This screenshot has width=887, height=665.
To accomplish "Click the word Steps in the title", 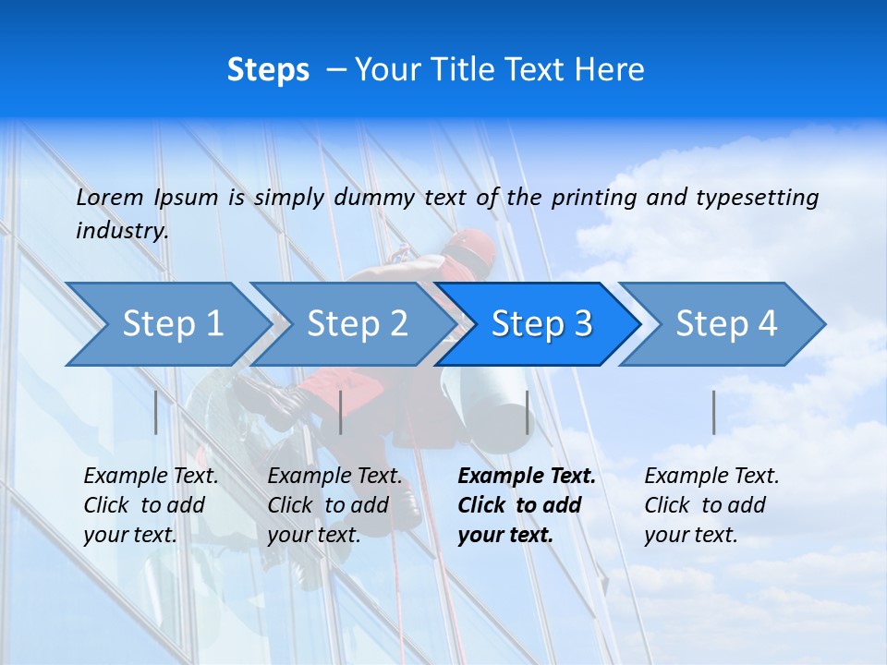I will click(x=268, y=70).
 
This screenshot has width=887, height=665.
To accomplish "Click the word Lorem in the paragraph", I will click(x=110, y=197).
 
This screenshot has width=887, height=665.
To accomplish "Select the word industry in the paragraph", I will click(x=122, y=230).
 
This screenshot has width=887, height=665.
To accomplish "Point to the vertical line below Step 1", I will click(x=156, y=412).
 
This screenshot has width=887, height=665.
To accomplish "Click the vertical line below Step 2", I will click(x=341, y=412).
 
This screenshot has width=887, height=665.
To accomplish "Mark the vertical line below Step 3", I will click(x=527, y=412).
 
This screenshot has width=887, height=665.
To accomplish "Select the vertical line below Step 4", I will click(x=713, y=412).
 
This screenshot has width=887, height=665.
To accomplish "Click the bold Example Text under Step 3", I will click(x=527, y=477).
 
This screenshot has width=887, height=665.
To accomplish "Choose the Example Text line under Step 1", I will click(x=151, y=477).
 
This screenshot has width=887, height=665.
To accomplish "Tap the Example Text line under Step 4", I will click(x=711, y=477).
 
